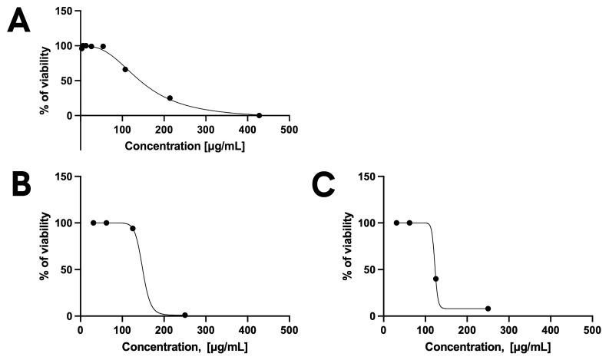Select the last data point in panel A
pyautogui.click(x=260, y=115)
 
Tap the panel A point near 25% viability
pyautogui.click(x=170, y=98)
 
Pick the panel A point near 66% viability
pyautogui.click(x=125, y=69)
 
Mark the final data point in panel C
pyautogui.click(x=488, y=309)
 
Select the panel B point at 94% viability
pyautogui.click(x=133, y=228)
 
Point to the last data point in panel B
pyautogui.click(x=185, y=315)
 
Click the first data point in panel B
pyautogui.click(x=94, y=223)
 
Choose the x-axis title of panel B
pyautogui.click(x=184, y=347)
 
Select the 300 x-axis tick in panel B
pyautogui.click(x=206, y=330)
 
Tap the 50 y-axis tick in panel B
pyautogui.click(x=68, y=269)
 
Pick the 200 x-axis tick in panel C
pyautogui.click(x=467, y=330)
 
